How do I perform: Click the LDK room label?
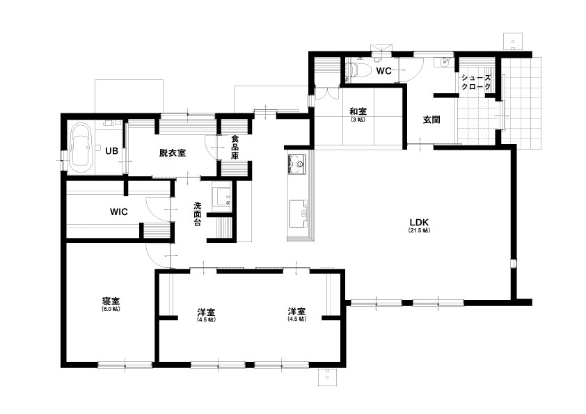(x=419, y=223)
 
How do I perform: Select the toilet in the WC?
(x=360, y=70)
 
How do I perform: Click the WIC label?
(x=119, y=212)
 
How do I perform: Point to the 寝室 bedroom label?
(x=111, y=301)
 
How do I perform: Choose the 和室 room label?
(x=358, y=111)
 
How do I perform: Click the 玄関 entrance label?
(x=431, y=120)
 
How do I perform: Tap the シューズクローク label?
(x=476, y=83)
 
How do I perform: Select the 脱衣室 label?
(x=173, y=152)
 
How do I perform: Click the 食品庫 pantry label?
(x=235, y=148)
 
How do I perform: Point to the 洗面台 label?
(x=198, y=214)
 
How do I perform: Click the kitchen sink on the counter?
(x=299, y=214)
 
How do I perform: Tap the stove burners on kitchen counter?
(x=297, y=164)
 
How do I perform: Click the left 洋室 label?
(x=206, y=312)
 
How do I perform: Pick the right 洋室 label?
(x=296, y=312)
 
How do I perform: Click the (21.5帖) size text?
(x=419, y=230)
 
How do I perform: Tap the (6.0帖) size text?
(x=111, y=310)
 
